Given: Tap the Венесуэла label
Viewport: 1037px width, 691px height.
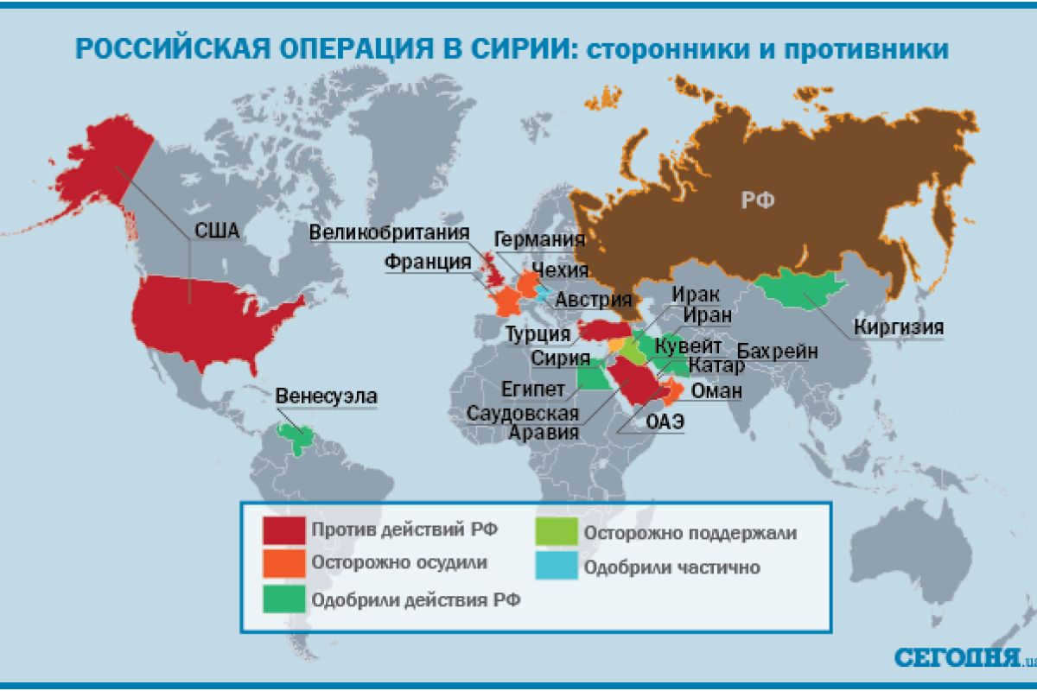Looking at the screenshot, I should click(x=327, y=396).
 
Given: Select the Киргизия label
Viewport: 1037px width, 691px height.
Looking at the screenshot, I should click(x=898, y=327).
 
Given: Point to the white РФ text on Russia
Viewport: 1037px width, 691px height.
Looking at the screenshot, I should click(x=757, y=200).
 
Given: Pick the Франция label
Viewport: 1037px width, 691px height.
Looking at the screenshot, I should click(x=429, y=262).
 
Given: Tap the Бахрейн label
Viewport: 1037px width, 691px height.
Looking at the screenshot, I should click(x=777, y=352).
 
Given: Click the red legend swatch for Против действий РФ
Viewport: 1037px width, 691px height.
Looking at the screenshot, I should click(x=284, y=529).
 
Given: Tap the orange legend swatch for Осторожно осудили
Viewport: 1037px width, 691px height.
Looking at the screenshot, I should click(x=284, y=563).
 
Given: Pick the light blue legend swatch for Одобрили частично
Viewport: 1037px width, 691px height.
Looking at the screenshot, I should click(x=556, y=567).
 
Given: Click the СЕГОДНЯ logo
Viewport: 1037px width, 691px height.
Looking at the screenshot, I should click(x=957, y=656).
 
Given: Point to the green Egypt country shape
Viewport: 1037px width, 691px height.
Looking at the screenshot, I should click(x=591, y=377).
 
